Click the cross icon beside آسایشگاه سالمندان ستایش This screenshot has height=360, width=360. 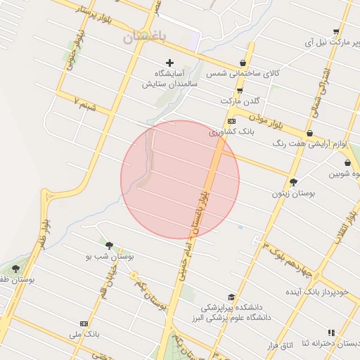coord(169,63)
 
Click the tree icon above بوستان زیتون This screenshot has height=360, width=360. coord(293,181)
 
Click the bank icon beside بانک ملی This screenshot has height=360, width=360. coord(84,324)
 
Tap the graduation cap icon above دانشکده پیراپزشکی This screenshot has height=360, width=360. coord(231,297)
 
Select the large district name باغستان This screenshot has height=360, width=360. coord(148,37)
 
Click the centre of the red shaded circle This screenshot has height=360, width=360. coord(180,179)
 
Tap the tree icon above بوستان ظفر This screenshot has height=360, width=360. coord(15,269)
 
